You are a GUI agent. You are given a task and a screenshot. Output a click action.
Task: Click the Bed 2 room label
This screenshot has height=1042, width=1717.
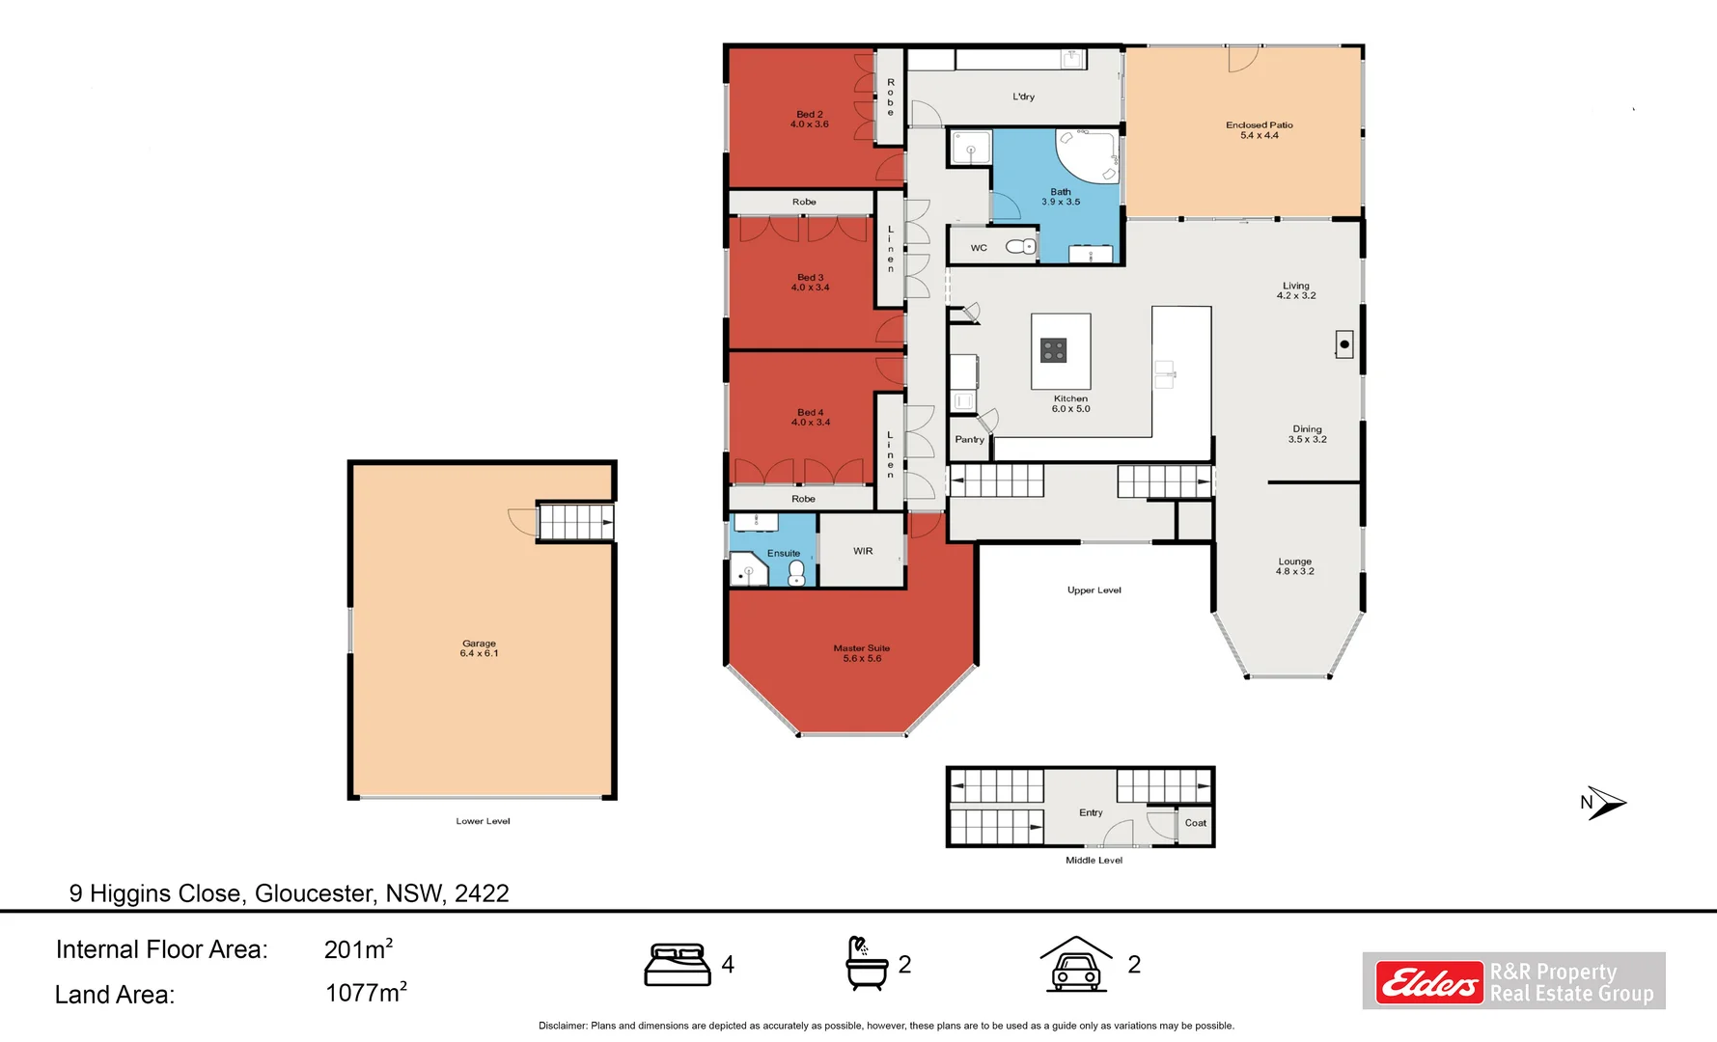tap(810, 120)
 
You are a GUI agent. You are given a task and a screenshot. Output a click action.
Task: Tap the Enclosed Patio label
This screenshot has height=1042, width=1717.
tap(1259, 130)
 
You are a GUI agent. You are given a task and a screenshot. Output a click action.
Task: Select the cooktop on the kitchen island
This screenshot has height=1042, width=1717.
tap(1053, 350)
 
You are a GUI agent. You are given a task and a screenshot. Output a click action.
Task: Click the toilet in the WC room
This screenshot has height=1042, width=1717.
tap(1020, 247)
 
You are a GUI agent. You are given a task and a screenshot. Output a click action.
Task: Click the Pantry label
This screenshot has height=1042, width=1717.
tap(969, 440)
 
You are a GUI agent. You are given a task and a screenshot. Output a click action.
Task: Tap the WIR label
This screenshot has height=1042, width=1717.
tap(863, 551)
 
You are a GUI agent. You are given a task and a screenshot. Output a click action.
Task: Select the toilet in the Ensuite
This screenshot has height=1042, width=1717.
tap(796, 573)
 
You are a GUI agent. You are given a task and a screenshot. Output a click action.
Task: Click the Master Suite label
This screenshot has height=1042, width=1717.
tap(862, 653)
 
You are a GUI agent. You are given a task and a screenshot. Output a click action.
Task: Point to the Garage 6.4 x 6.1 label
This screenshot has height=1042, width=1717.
tap(479, 648)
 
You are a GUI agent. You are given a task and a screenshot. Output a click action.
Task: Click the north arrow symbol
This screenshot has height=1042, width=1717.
tap(1604, 803)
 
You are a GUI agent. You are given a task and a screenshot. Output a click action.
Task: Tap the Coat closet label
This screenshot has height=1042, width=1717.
tap(1195, 823)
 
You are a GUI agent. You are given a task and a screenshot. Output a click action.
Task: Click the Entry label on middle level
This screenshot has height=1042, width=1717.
tap(1091, 812)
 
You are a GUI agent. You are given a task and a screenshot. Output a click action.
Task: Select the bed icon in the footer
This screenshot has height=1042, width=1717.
tap(677, 965)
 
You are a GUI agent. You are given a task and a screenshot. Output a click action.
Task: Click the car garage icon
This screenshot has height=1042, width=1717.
tap(1075, 964)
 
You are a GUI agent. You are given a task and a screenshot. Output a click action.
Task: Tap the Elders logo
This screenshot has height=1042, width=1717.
tap(1429, 983)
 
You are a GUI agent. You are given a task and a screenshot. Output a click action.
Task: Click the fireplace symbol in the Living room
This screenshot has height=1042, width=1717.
tap(1343, 344)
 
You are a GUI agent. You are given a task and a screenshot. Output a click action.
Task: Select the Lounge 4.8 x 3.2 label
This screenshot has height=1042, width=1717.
tap(1294, 566)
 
